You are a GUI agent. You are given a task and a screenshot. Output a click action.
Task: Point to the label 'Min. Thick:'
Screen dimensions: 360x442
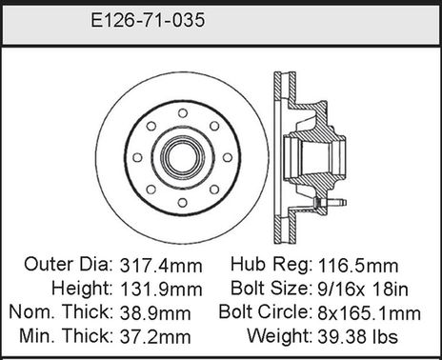point(59,335)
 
